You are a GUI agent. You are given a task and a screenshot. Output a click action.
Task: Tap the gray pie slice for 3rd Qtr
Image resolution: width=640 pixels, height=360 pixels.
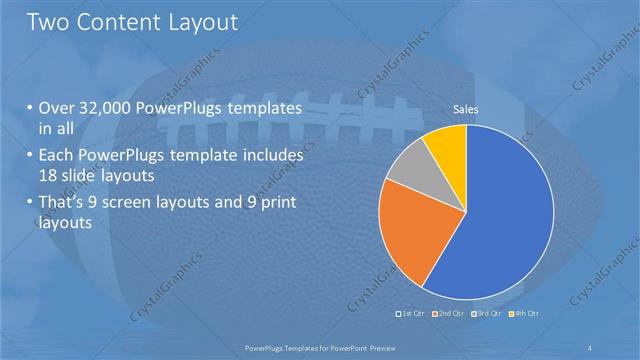tap(409, 168)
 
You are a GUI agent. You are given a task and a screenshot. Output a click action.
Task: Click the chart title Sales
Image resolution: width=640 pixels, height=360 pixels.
tap(466, 109)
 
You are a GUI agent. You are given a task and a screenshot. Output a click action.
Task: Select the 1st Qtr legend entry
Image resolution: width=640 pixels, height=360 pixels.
tap(412, 314)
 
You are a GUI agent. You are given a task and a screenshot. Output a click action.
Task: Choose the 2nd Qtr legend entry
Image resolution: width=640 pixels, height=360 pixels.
tap(448, 314)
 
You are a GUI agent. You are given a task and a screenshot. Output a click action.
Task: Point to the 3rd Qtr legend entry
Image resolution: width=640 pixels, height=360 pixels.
tap(485, 314)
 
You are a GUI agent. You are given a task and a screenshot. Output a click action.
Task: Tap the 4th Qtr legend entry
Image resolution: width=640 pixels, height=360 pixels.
tap(522, 314)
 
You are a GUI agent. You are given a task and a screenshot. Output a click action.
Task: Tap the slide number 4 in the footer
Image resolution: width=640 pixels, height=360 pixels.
tap(590, 346)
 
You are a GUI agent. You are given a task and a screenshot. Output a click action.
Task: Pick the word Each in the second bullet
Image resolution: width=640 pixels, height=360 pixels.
tap(56, 157)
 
